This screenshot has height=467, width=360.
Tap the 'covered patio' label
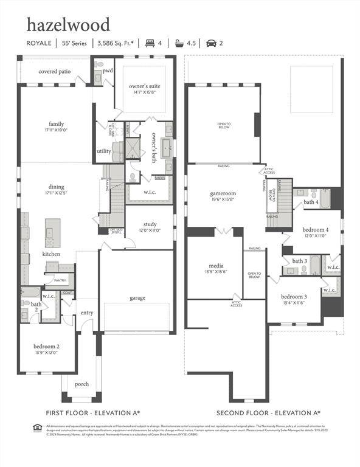click(x=54, y=71)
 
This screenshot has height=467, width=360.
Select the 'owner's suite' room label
click(x=145, y=86)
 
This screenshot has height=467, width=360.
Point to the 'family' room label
click(x=57, y=124)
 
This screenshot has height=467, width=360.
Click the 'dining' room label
click(x=57, y=187)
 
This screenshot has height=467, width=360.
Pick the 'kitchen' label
click(x=51, y=254)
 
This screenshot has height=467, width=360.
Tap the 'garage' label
click(x=137, y=298)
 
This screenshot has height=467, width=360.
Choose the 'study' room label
click(x=150, y=224)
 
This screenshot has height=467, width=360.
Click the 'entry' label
click(x=86, y=313)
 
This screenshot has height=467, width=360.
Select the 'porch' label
click(x=81, y=384)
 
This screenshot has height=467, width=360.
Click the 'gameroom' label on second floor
click(x=223, y=193)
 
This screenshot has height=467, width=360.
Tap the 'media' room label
click(x=216, y=266)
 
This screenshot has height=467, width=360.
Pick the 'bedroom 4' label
click(x=316, y=230)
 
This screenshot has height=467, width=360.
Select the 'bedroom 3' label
click(x=294, y=296)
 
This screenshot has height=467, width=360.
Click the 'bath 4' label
click(x=311, y=201)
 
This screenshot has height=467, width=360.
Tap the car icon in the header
click(x=211, y=43)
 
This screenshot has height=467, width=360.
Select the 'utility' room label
click(x=103, y=151)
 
